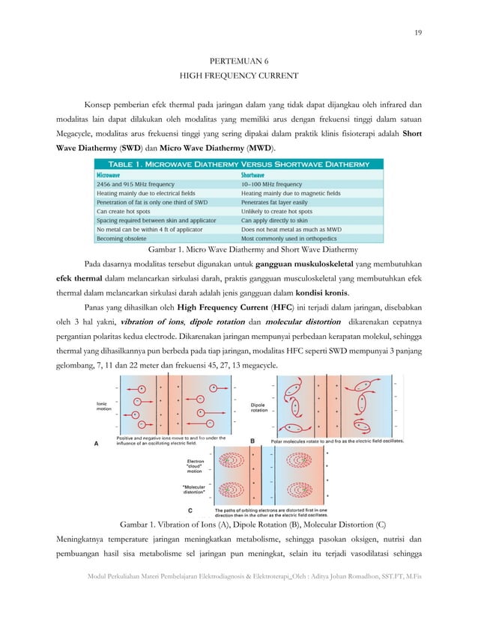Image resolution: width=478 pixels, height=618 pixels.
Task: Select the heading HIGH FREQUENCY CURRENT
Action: [x=238, y=76]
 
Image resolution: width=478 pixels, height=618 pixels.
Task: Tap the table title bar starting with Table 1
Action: [x=239, y=163]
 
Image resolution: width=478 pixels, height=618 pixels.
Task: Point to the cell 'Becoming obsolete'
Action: [x=124, y=238]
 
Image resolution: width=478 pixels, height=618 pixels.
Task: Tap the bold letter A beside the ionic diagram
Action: [x=96, y=443]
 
